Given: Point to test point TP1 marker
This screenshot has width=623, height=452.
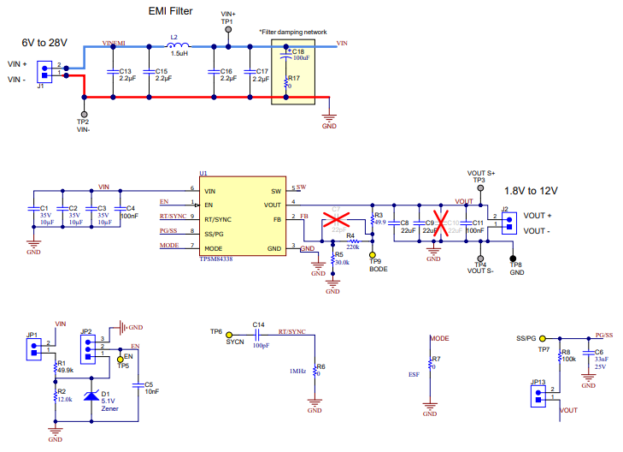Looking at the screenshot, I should [x=228, y=29].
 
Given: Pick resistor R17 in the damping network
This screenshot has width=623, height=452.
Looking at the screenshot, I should [x=288, y=81].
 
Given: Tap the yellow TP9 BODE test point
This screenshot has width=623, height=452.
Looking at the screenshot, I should [x=373, y=254].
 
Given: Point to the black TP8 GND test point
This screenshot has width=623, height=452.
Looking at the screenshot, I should [x=514, y=257].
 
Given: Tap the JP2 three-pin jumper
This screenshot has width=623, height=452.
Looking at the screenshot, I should [x=87, y=348].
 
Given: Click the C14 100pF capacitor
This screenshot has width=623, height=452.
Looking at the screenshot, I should [x=259, y=336].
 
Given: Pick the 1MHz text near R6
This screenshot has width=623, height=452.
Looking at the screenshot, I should [x=297, y=371].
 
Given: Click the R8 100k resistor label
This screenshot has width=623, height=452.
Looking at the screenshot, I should [x=568, y=355].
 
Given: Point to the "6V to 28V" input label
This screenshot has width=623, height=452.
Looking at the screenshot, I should [x=44, y=41].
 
